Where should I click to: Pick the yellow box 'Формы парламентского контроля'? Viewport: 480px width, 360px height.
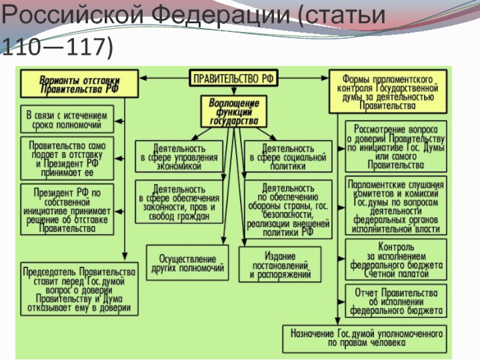pyautogui.click(x=388, y=92)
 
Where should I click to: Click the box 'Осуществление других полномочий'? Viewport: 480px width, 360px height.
pyautogui.click(x=187, y=262)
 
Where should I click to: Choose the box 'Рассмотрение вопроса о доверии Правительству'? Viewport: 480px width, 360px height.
pyautogui.click(x=395, y=146)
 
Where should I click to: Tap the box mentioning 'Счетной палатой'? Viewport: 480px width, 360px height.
pyautogui.click(x=395, y=260)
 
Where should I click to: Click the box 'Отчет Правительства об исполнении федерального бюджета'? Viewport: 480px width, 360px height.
pyautogui.click(x=395, y=301)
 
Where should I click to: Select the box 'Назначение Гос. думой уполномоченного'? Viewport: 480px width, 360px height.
pyautogui.click(x=365, y=338)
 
